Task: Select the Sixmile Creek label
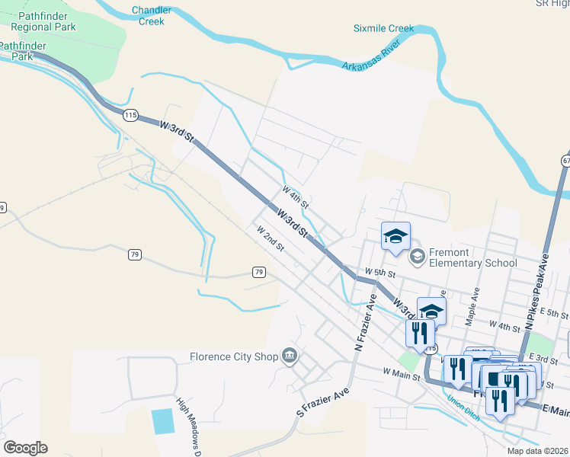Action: pos(383,29)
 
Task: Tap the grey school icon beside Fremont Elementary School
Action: pos(417,257)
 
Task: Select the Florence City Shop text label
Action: pos(233,355)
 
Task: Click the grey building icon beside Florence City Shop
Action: pos(290,354)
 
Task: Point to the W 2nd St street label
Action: pos(270,238)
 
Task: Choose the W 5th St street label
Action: pos(380,273)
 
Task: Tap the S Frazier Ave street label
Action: pos(323,403)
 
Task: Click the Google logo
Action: pos(25,447)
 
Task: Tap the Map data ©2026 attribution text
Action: pos(537,451)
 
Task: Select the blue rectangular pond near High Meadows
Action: pos(162,421)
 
